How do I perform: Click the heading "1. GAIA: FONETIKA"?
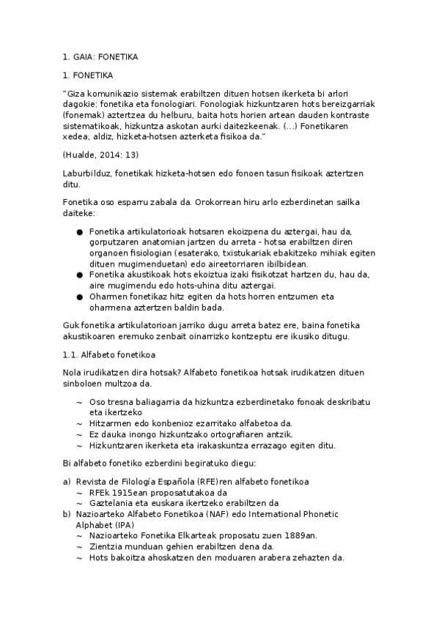[100, 56]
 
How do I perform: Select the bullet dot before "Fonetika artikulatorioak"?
[79, 232]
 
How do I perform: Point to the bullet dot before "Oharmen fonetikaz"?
[79, 296]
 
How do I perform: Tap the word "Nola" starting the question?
[73, 373]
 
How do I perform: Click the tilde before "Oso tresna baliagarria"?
[79, 402]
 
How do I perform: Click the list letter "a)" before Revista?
[67, 481]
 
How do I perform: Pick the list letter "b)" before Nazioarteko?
[67, 515]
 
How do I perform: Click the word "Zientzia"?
[107, 547]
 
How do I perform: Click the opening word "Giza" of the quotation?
[77, 94]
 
